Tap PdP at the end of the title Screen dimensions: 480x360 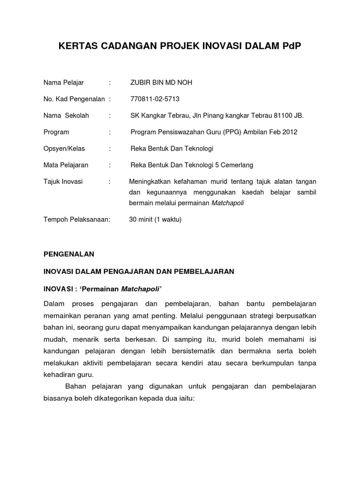click(x=292, y=46)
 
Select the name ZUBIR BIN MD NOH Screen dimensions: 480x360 click(x=161, y=83)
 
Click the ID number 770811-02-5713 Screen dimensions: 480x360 click(x=155, y=99)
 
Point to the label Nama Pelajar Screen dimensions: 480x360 click(x=63, y=83)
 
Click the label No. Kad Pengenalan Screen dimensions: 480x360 click(x=74, y=99)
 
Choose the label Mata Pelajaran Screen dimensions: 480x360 click(x=66, y=165)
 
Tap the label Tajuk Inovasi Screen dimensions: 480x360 click(x=63, y=181)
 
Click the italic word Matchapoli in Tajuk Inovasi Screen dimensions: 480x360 click(x=228, y=203)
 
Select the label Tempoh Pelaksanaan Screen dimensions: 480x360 click(x=76, y=219)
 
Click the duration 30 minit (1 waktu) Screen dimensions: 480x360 click(x=155, y=219)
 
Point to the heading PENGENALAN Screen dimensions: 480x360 click(x=69, y=254)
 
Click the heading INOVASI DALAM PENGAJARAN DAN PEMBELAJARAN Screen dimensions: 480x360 click(x=138, y=271)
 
